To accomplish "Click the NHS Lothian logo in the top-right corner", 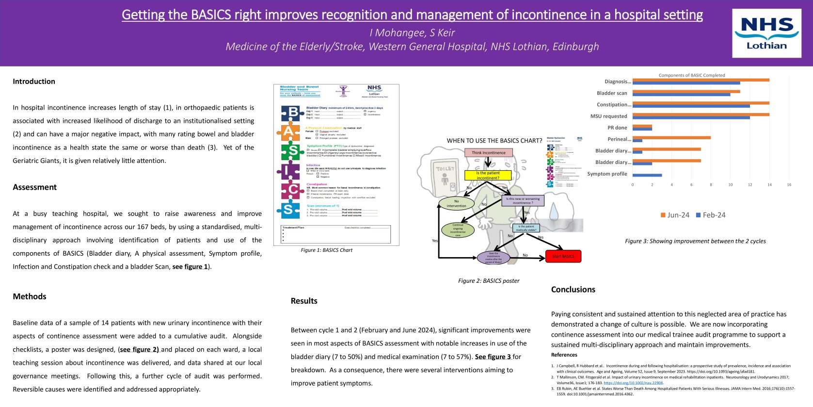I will click(x=766, y=33).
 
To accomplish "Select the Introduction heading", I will click(x=34, y=81).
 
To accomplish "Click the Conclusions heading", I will click(x=573, y=290).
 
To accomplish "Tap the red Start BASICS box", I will click(x=563, y=256).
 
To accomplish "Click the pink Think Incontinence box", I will click(x=488, y=153).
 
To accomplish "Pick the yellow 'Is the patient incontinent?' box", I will click(x=488, y=176).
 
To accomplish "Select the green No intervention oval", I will click(x=456, y=203).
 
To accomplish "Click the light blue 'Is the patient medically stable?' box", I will click(x=526, y=228).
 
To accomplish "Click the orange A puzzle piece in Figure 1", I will click(x=288, y=131).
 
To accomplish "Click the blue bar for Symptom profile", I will click(x=647, y=175).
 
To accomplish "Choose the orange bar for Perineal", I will click(x=671, y=138).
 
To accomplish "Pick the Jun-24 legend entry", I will click(x=675, y=215).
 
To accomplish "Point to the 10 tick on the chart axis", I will click(x=730, y=185).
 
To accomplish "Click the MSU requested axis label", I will click(x=608, y=116).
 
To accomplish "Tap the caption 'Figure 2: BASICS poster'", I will click(x=488, y=281).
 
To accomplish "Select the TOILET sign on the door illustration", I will click(x=445, y=169).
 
